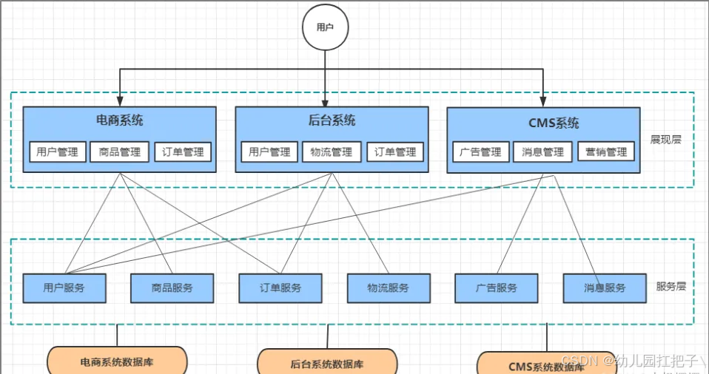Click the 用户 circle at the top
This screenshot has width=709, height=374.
325,27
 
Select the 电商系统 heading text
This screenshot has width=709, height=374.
120,120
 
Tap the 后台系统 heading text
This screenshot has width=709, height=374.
332,120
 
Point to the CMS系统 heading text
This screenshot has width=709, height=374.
544,123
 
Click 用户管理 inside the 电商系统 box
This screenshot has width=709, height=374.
58,152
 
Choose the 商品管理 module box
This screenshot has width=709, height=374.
120,152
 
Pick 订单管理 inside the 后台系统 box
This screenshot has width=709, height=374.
395,152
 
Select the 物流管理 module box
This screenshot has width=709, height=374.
332,152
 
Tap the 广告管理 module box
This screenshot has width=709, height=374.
480,152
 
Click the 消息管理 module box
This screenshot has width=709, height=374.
542,152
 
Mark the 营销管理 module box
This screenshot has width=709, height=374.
606,152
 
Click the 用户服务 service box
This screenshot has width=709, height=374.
64,288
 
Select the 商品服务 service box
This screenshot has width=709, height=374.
172,288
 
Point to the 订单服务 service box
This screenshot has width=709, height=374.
280,288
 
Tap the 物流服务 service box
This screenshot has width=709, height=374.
389,288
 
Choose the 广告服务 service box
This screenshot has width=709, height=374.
497,288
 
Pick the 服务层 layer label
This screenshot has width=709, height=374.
671,286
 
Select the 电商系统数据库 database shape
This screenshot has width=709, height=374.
117,362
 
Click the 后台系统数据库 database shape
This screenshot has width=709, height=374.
327,363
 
